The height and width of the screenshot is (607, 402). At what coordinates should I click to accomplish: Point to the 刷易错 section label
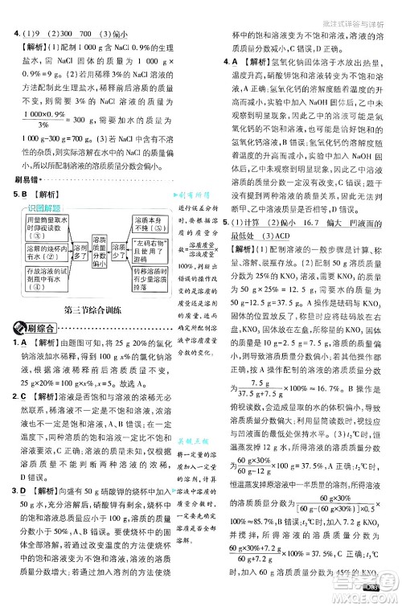pos(26,178)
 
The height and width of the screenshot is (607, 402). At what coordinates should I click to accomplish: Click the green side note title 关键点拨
pos(192,442)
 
